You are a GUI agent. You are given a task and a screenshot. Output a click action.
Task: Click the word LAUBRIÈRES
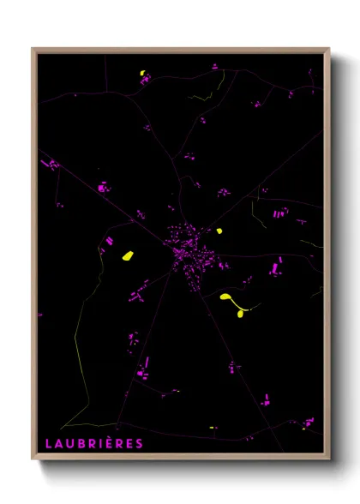point(94,443)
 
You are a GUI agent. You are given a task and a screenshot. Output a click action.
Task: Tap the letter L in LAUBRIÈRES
point(49,443)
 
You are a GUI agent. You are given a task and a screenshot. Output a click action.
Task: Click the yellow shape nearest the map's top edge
point(142,73)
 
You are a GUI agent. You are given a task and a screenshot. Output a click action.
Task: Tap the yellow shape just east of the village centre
point(219,231)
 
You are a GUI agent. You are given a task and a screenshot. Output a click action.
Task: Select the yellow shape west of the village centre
point(128,255)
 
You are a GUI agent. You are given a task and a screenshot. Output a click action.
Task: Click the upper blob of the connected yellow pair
point(225,297)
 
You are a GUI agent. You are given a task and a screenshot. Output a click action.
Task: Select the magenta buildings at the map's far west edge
point(51,163)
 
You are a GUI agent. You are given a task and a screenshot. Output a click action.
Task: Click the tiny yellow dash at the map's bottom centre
point(212,428)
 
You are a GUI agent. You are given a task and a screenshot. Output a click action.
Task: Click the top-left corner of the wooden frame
point(33,48)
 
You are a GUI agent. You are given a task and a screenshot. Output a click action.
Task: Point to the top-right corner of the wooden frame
point(329,48)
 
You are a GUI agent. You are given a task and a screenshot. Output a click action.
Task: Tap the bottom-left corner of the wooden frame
point(33,459)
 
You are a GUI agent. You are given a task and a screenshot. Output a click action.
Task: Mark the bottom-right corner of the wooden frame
point(329,459)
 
